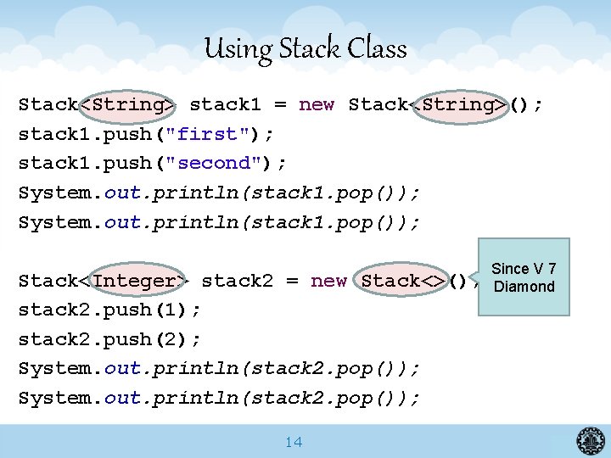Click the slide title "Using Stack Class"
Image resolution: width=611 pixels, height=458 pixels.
point(305,48)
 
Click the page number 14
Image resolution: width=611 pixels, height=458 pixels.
point(294,442)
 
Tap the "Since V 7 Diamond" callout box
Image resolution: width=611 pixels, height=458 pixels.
point(524,277)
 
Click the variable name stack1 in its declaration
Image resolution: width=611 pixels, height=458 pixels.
point(225,104)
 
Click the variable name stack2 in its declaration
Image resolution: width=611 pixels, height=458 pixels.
point(238,281)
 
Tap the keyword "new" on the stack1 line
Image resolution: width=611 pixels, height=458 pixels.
point(317,104)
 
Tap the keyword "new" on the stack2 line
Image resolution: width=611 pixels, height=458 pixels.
point(328,281)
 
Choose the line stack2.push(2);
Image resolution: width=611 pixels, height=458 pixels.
point(109,339)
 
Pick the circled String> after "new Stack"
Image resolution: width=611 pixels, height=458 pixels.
point(462,104)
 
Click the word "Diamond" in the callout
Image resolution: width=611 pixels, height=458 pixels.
point(524,287)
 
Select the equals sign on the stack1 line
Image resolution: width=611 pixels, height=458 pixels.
point(280,104)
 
